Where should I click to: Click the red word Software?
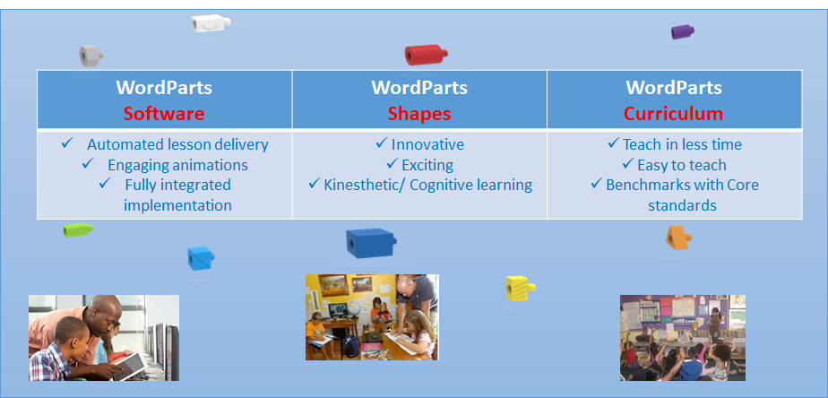pyautogui.click(x=164, y=113)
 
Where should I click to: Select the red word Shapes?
pyautogui.click(x=419, y=114)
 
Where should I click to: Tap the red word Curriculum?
pyautogui.click(x=674, y=113)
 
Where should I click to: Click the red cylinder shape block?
pyautogui.click(x=426, y=55)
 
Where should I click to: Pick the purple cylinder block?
pyautogui.click(x=682, y=31)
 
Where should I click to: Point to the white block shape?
pyautogui.click(x=211, y=23)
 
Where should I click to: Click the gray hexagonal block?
pyautogui.click(x=91, y=56)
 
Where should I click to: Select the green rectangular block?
pyautogui.click(x=78, y=229)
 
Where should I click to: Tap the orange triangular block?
pyautogui.click(x=678, y=238)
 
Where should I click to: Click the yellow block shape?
pyautogui.click(x=520, y=288)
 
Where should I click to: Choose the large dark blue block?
pyautogui.click(x=371, y=243)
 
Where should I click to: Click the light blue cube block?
pyautogui.click(x=201, y=258)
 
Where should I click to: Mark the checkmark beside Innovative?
pyautogui.click(x=381, y=143)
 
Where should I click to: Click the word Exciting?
pyautogui.click(x=427, y=165)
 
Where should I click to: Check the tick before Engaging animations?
pyautogui.click(x=88, y=164)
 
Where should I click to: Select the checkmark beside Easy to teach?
pyautogui.click(x=628, y=164)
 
